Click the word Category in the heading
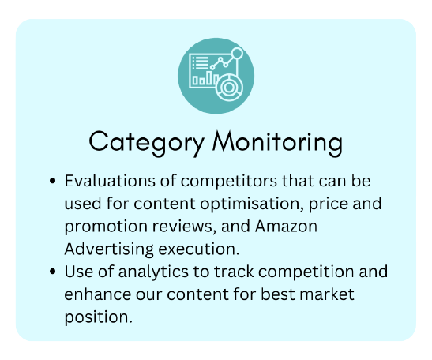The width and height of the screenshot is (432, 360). (x=147, y=144)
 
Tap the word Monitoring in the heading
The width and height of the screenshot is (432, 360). (x=278, y=144)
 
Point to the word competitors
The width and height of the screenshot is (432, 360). (x=229, y=182)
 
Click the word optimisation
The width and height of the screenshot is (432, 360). (x=250, y=204)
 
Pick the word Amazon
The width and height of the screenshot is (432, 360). (x=286, y=227)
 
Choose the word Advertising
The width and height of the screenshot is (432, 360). (x=109, y=249)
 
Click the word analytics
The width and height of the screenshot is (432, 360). (x=153, y=272)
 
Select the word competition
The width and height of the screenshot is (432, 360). (x=306, y=272)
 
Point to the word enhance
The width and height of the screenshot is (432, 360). (x=97, y=294)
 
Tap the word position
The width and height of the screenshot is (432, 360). (x=99, y=317)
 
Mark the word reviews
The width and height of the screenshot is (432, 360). (x=182, y=227)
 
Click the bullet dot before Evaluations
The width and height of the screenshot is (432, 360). (x=52, y=181)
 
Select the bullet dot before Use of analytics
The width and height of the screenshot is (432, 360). (x=52, y=272)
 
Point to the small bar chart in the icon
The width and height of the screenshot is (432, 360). (x=205, y=78)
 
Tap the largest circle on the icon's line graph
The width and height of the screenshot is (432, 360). (x=237, y=54)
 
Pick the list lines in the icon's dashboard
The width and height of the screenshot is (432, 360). (x=201, y=63)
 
